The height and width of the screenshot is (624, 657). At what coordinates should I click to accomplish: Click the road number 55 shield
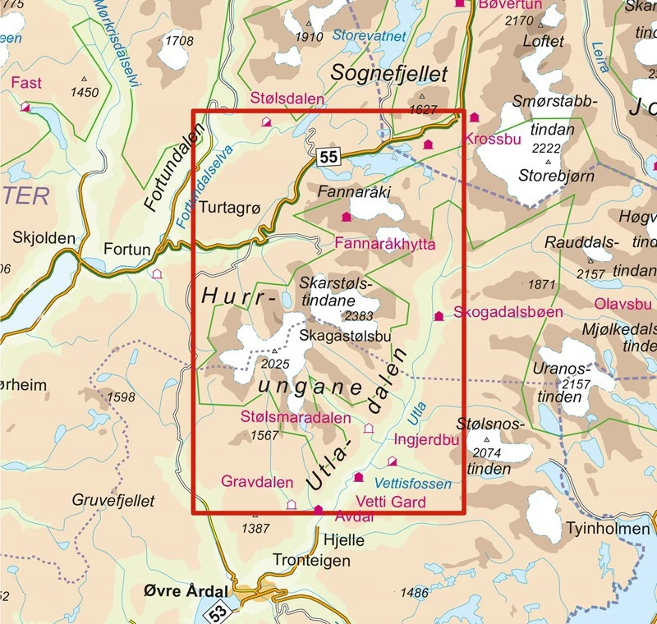(328, 157)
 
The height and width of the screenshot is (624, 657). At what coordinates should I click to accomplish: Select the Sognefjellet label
(389, 74)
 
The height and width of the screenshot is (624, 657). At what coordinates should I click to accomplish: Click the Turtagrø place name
(230, 209)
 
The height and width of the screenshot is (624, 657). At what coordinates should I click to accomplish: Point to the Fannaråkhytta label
(385, 245)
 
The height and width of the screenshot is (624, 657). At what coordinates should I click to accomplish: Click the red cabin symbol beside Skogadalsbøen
(439, 315)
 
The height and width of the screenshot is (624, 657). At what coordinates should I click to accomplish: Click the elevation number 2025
(275, 365)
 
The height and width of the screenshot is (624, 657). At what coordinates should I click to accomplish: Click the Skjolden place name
(44, 238)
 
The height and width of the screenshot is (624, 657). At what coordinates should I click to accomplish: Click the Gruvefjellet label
(108, 499)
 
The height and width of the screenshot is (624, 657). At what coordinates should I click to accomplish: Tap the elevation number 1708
(179, 41)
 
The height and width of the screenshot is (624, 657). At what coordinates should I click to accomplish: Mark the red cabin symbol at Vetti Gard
(358, 477)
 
